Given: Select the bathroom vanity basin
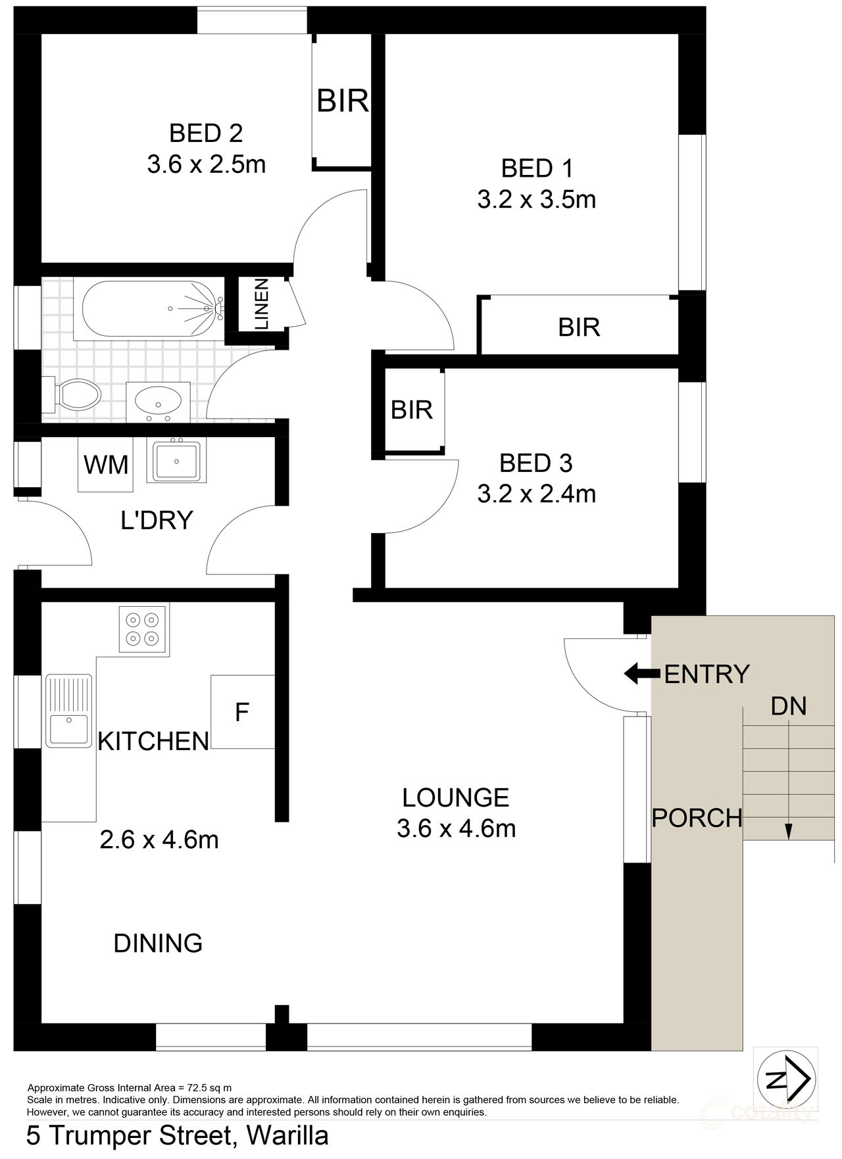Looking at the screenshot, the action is pos(158,400).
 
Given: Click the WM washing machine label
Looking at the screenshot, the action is pos(105,464).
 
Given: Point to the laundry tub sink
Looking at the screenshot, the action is pos(176,460).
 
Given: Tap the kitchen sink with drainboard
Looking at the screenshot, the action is pos(68,711).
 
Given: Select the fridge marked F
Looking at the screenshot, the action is pos(242,712).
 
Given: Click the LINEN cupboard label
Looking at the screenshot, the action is pos(261,304).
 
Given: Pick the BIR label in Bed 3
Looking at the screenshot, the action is pos(411,410).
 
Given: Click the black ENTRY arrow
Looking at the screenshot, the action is pos(641,673).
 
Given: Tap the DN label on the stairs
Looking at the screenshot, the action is pos(788,706).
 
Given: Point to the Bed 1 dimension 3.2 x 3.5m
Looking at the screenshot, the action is pos(536,199).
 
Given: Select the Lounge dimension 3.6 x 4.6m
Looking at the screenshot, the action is pos(456,828).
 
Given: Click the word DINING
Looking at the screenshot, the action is pos(158,943).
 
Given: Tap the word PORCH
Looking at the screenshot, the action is pos(697,818).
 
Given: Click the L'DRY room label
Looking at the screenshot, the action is pos(157,520).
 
